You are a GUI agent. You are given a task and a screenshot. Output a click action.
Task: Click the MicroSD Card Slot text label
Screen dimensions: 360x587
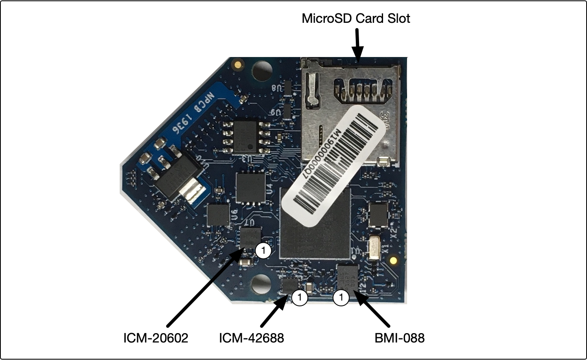pos(356,19)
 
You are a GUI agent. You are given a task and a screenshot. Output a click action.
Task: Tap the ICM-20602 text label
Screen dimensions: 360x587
pos(156,338)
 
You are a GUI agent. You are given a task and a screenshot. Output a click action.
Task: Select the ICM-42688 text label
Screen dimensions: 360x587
pos(251,338)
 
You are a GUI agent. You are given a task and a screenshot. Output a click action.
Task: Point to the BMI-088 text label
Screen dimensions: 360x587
pos(399,338)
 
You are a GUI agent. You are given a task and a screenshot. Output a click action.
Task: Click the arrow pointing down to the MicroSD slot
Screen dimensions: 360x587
pos(357,46)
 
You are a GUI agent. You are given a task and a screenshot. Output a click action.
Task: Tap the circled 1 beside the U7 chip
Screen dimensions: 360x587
pos(263,250)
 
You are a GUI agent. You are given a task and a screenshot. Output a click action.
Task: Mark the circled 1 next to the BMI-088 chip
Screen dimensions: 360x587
pos(341,298)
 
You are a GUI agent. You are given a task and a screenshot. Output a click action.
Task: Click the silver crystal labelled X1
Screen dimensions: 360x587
pos(373,248)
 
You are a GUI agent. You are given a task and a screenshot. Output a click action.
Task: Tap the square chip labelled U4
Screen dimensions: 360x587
pos(250,188)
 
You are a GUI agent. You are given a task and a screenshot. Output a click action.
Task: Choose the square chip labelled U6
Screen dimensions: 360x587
pos(219,215)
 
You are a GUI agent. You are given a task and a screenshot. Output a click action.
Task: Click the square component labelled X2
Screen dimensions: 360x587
pos(378,215)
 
